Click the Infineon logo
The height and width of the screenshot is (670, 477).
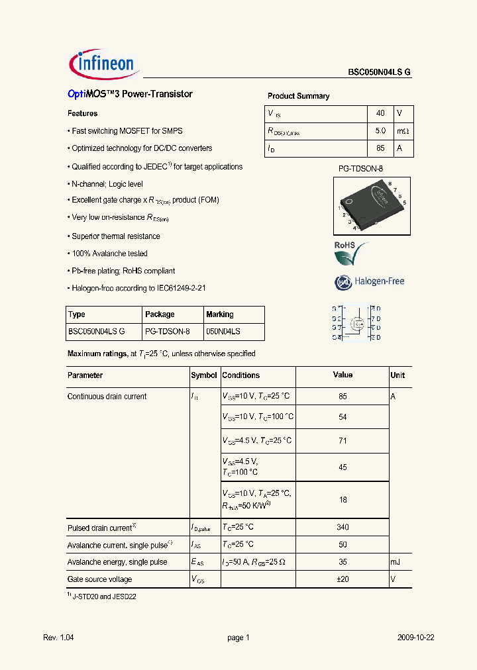[x=102, y=64]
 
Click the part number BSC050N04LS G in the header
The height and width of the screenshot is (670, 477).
[x=379, y=73]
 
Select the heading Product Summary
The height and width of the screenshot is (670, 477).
[x=298, y=96]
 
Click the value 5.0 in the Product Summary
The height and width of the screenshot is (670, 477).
[x=380, y=131]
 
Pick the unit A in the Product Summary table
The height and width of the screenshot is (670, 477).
[x=399, y=149]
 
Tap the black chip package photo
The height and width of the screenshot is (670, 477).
[x=371, y=205]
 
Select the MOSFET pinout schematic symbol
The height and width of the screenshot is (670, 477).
[x=356, y=323]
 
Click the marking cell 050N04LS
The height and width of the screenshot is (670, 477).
[x=223, y=331]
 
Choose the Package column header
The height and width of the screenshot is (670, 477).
[x=160, y=314]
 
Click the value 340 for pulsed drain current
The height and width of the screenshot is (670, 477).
[x=343, y=528]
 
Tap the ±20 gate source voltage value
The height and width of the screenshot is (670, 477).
[x=343, y=579]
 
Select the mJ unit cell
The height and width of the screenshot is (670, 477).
[x=396, y=562]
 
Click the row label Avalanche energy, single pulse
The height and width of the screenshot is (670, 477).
[x=117, y=562]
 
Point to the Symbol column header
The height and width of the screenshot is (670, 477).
[x=204, y=375]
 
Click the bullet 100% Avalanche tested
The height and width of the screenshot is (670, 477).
[x=109, y=254]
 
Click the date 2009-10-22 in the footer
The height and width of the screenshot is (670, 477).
[x=416, y=638]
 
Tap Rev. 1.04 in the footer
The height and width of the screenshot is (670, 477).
[x=58, y=638]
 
